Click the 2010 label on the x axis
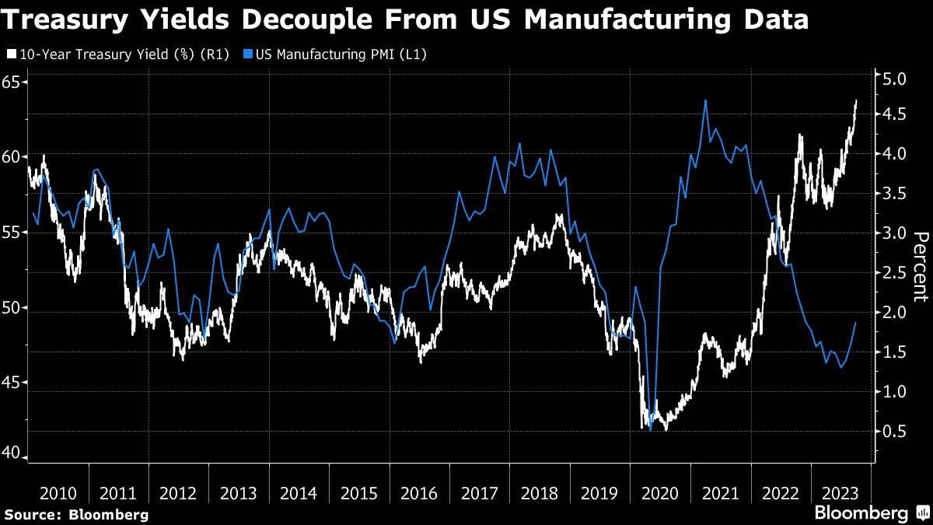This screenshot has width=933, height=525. pyautogui.click(x=58, y=493)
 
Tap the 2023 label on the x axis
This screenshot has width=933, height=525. pyautogui.click(x=840, y=493)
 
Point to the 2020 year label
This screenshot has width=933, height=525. pyautogui.click(x=660, y=493)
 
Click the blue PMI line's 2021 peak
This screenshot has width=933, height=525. pyautogui.click(x=705, y=100)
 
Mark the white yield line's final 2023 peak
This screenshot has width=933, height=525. pyautogui.click(x=856, y=100)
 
